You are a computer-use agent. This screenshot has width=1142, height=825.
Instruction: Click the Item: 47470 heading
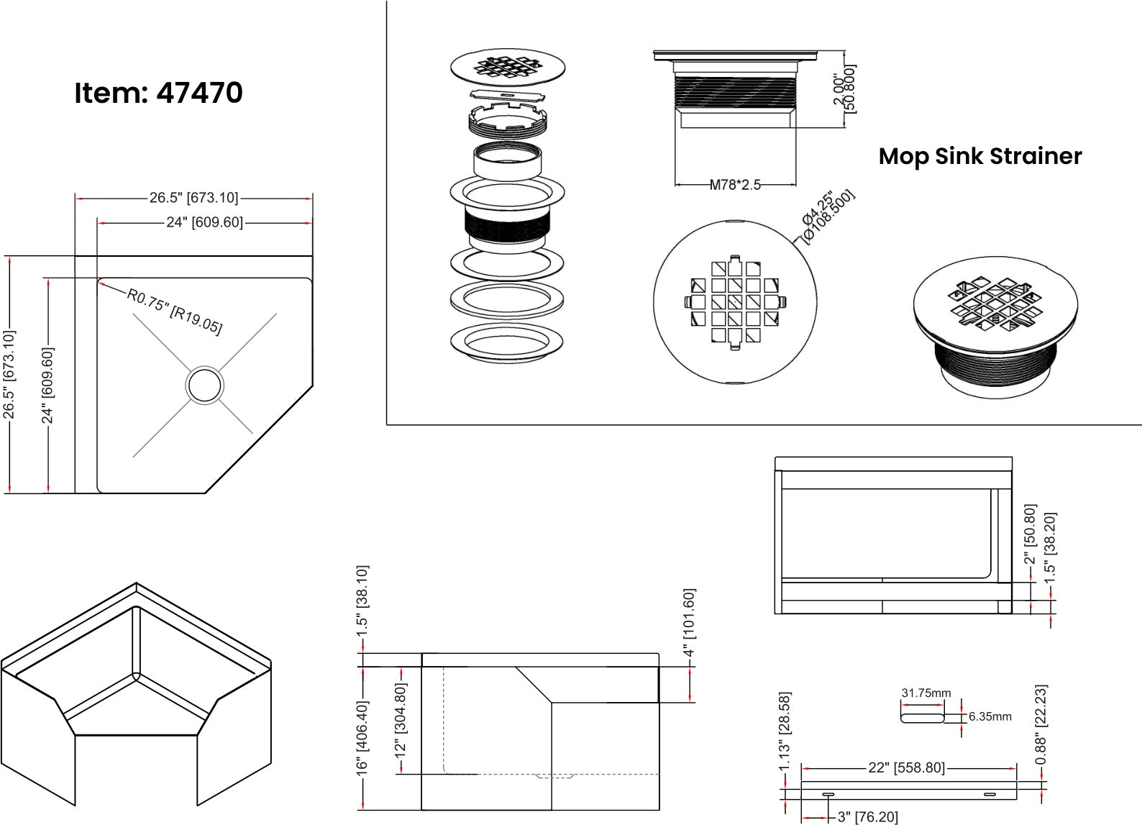click(x=158, y=93)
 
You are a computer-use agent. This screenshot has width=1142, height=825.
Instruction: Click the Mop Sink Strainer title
click(x=979, y=156)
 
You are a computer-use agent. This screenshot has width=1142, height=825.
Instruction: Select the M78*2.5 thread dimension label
click(x=735, y=185)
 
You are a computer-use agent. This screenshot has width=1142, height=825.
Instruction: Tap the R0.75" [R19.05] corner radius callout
click(x=175, y=311)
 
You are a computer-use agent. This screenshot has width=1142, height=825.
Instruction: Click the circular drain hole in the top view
click(x=204, y=385)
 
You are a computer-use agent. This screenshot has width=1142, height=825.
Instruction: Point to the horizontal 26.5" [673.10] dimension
click(x=193, y=198)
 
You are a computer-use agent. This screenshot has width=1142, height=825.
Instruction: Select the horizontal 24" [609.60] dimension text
click(x=204, y=223)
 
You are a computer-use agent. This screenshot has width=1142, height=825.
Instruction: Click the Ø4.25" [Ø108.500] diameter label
click(x=827, y=216)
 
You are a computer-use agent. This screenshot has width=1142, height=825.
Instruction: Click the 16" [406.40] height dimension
click(x=362, y=738)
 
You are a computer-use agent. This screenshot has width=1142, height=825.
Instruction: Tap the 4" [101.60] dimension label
click(x=689, y=623)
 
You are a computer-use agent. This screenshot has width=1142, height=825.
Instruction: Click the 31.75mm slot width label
click(x=926, y=693)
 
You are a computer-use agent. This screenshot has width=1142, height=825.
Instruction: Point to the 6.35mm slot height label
click(x=990, y=716)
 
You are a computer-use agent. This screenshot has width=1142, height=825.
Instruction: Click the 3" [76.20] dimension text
click(x=867, y=817)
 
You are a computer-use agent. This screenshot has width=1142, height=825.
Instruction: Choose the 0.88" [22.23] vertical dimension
click(x=1041, y=724)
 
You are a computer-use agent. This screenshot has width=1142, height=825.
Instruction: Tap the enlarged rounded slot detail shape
click(x=922, y=716)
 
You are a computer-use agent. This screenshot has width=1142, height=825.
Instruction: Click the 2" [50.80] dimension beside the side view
click(x=1030, y=534)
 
